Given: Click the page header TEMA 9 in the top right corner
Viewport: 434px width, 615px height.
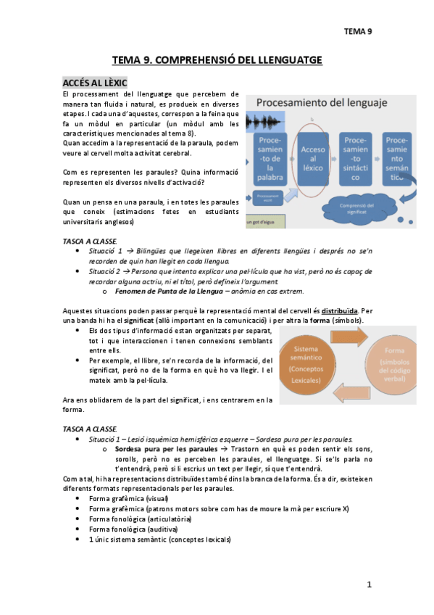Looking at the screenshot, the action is point(358,31).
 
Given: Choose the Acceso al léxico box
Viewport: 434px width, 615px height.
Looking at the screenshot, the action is point(309,157).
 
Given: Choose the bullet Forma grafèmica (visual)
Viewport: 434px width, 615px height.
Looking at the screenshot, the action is point(128,499).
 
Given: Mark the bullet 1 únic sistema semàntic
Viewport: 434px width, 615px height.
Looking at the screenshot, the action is point(159,540).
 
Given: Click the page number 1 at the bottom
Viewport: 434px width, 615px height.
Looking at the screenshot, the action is point(369,585).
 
